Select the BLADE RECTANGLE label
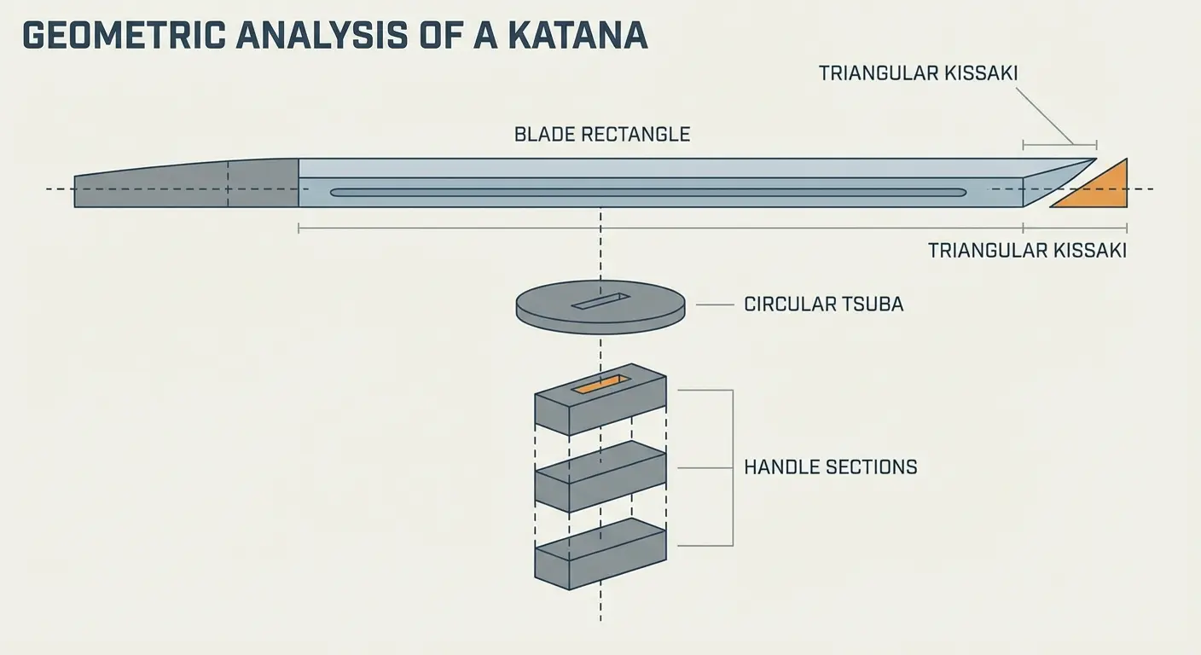pyautogui.click(x=602, y=135)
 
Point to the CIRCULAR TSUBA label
pyautogui.click(x=823, y=304)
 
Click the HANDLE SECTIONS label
pyautogui.click(x=831, y=467)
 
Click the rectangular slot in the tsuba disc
pyautogui.click(x=600, y=301)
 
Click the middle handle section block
pyautogui.click(x=600, y=475)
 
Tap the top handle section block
pyautogui.click(x=600, y=401)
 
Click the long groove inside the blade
pyautogui.click(x=648, y=193)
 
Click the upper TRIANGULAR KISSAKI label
pyautogui.click(x=918, y=73)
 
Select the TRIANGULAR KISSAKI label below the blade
pyautogui.click(x=1027, y=251)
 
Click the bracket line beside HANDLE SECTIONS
pyautogui.click(x=732, y=467)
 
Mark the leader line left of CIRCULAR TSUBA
pyautogui.click(x=715, y=304)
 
